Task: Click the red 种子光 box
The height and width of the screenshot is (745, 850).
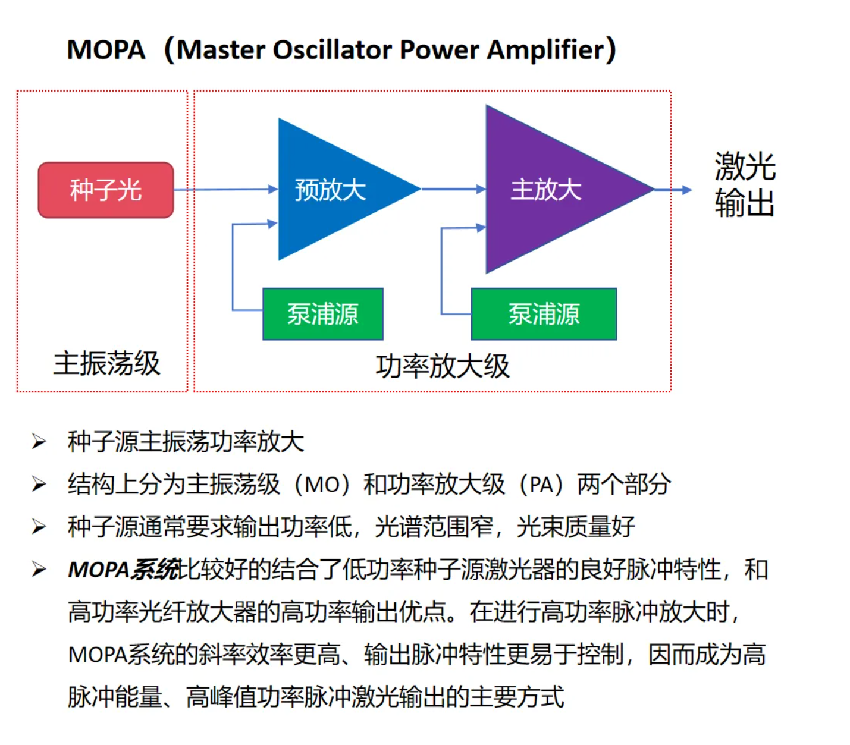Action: click(x=106, y=190)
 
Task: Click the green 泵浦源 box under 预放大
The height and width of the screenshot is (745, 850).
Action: click(x=323, y=314)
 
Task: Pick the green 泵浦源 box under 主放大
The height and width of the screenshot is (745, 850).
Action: click(x=544, y=314)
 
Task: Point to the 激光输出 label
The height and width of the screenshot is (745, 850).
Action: click(x=745, y=184)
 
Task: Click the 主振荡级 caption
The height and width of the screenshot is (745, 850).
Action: click(x=107, y=363)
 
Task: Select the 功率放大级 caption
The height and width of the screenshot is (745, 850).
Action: click(x=443, y=366)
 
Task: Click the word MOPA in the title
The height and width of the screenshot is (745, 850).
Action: click(x=106, y=50)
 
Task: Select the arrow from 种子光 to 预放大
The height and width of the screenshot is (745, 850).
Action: click(x=226, y=190)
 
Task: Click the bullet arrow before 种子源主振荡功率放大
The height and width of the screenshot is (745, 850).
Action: click(x=39, y=442)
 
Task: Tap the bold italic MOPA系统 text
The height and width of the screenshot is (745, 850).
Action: click(x=123, y=570)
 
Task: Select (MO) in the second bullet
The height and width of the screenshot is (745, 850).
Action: click(x=322, y=485)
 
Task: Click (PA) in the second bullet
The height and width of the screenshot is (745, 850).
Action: click(x=541, y=485)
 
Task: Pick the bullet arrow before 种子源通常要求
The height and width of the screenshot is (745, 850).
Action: click(x=39, y=527)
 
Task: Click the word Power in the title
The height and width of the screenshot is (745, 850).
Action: click(x=439, y=50)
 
